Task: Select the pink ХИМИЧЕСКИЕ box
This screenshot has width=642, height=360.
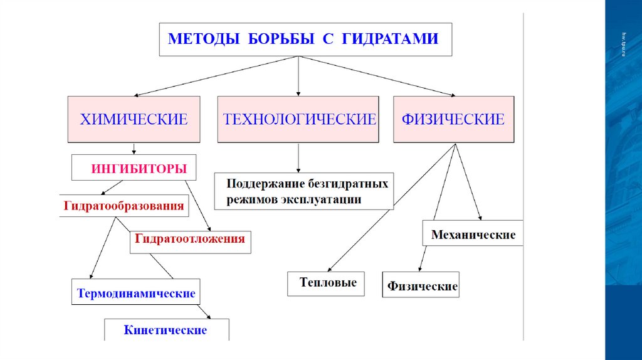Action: point(134,119)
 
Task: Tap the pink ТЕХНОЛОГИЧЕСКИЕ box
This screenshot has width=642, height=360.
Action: point(298,119)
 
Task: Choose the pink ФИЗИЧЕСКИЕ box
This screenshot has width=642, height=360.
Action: point(454,119)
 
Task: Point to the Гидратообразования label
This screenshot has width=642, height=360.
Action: point(124,206)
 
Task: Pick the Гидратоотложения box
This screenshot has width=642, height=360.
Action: point(191,240)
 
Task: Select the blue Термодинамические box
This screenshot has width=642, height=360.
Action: point(136,293)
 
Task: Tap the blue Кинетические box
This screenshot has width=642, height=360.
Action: point(166,329)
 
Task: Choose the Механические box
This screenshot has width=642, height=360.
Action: point(473,235)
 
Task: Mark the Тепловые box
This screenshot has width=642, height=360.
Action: point(328,283)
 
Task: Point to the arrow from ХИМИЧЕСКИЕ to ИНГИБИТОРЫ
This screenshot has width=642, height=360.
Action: point(134,149)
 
